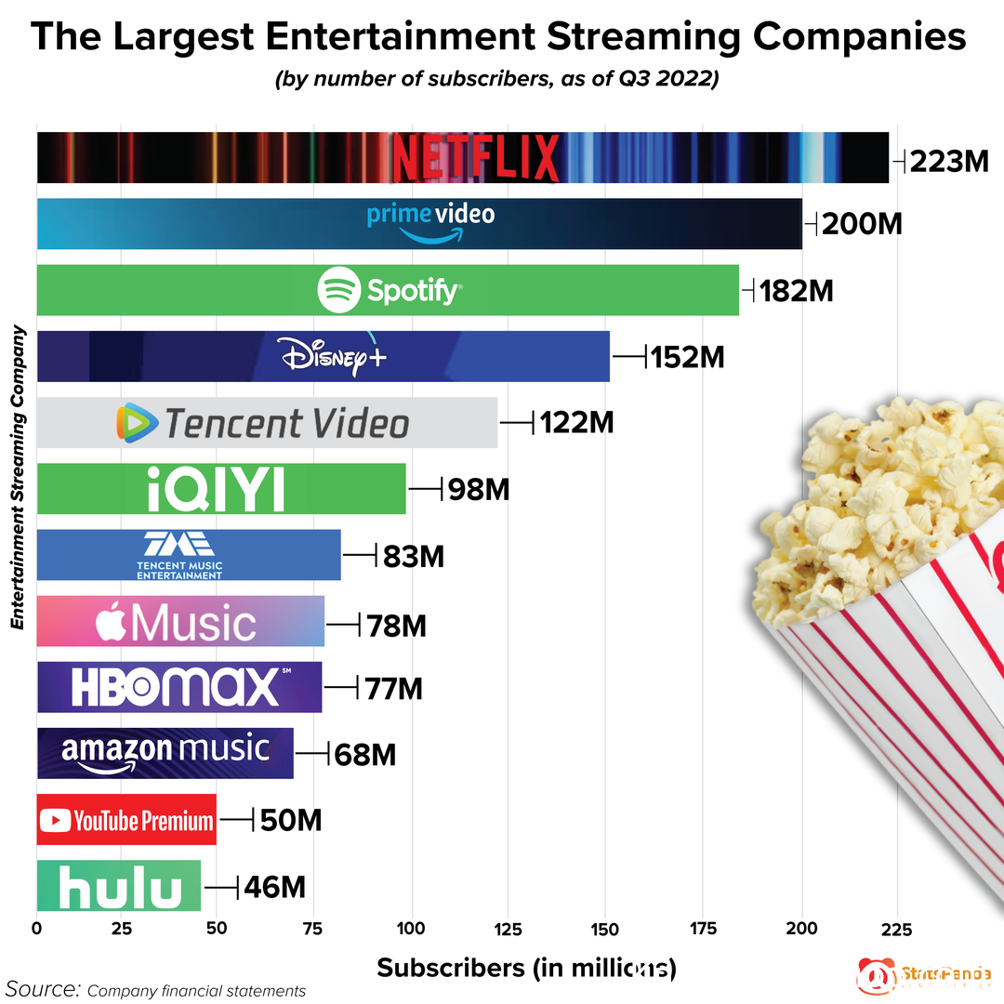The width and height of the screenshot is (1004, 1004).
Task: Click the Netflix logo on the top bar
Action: [x=475, y=158]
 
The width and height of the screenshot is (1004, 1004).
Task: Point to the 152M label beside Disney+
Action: [x=687, y=357]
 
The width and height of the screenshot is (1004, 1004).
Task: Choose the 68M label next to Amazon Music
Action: [x=364, y=754]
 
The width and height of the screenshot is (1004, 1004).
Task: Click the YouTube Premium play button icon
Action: [x=56, y=820]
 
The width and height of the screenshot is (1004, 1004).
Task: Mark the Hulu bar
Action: [x=119, y=886]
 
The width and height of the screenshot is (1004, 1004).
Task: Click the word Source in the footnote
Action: [x=43, y=987]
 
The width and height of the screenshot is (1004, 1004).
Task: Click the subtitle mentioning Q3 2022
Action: [x=497, y=80]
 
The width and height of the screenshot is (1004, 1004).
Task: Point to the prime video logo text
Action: [x=430, y=215]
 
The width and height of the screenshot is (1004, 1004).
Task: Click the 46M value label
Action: [x=274, y=887]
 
